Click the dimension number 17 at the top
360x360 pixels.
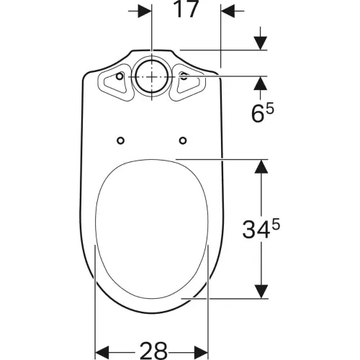(186, 9)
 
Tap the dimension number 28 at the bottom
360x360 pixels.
(153, 351)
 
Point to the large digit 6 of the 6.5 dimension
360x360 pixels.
(258, 114)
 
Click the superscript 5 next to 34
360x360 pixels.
(276, 225)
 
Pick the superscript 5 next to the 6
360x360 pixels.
(270, 109)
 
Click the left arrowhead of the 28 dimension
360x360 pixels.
(102, 353)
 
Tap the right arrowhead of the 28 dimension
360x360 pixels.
(201, 353)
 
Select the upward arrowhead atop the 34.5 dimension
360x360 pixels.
(261, 166)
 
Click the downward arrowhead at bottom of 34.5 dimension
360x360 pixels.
(261, 292)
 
